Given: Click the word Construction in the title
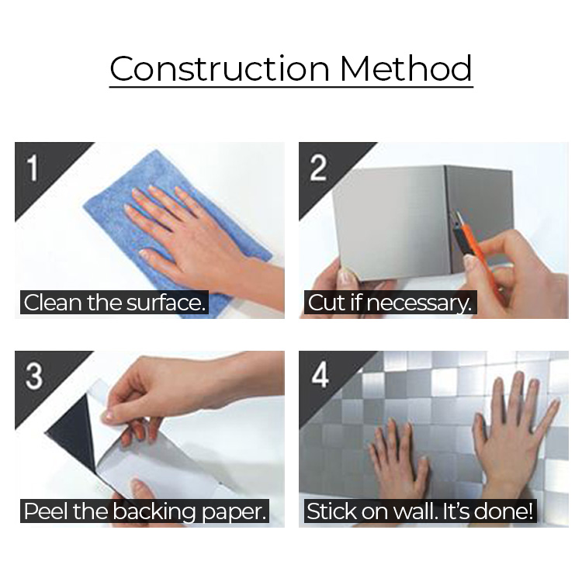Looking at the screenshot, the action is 220,68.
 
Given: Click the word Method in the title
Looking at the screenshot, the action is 406,68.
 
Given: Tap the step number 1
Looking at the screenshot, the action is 33,168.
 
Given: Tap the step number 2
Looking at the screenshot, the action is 318,168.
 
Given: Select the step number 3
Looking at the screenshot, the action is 34,376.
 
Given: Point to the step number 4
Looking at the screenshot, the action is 320,376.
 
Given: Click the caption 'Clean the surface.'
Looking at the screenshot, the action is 114,303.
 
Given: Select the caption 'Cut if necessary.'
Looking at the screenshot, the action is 390,303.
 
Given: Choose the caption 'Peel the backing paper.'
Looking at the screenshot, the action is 145,511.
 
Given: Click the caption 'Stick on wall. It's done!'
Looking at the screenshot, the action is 420,511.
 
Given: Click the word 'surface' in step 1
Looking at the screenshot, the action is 165,303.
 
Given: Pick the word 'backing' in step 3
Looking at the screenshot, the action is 154,511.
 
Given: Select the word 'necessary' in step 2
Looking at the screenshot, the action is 419,303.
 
